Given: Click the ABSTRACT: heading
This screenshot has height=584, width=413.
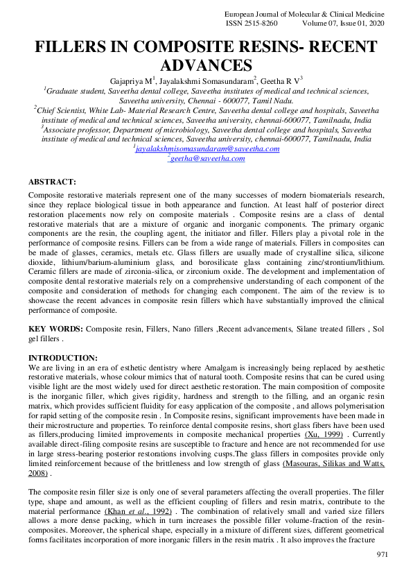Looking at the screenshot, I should click(52, 182).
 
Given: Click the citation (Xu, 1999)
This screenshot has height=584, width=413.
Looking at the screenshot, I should click(325, 433).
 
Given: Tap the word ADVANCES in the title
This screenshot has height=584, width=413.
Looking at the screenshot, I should click(206, 66).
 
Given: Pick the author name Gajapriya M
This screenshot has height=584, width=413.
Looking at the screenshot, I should click(132, 81).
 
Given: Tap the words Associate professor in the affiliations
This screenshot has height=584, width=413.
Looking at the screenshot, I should click(79, 129).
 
